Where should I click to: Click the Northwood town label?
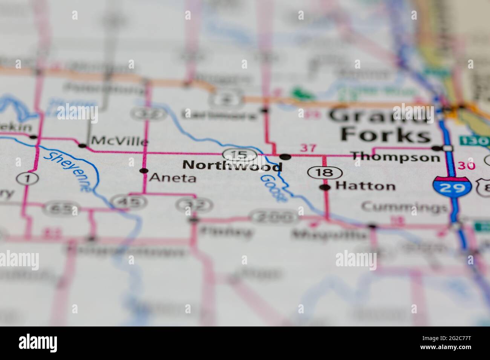pos(232,166)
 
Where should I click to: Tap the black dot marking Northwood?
pos(285,156)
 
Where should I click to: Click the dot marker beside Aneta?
pos(143,171)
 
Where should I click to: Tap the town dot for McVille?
pos(82,145)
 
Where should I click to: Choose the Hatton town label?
pos(365,186)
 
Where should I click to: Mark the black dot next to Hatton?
pos(325,187)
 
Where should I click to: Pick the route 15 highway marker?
pos(240,154)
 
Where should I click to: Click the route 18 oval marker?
pos(325,173)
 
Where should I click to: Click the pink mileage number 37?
pos(308,148)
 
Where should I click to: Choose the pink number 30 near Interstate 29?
pos(465,166)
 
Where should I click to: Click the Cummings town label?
pos(404,207)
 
